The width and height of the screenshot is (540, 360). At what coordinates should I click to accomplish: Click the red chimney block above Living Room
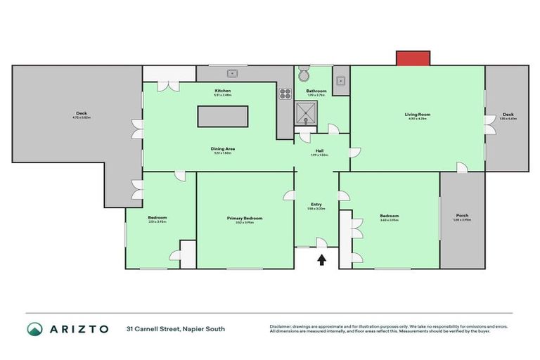(x=413, y=58)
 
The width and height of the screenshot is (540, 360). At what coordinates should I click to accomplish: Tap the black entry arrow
(x=322, y=260)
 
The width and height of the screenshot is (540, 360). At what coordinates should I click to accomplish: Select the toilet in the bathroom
(x=304, y=75)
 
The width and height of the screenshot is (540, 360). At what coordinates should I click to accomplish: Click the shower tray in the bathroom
(x=307, y=112)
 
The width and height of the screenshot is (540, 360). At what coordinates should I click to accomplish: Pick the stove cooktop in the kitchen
(x=285, y=93)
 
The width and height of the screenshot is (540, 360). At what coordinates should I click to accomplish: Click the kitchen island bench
(x=223, y=116)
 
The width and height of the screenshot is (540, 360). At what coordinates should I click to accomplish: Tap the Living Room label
(x=417, y=114)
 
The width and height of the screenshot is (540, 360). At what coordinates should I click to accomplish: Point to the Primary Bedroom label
(x=244, y=218)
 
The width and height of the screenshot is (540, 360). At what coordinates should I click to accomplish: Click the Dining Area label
(x=222, y=148)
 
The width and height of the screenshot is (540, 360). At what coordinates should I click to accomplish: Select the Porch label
(x=462, y=215)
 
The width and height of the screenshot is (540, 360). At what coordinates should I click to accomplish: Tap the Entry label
(x=316, y=204)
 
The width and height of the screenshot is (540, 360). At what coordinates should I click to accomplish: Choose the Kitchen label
(x=222, y=91)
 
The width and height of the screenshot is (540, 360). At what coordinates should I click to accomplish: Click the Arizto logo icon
(x=34, y=328)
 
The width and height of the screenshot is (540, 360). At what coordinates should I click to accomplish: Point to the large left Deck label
(x=82, y=113)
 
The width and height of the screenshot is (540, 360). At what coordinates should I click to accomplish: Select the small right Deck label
(x=508, y=114)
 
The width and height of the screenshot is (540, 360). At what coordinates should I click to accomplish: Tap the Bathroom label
(x=316, y=91)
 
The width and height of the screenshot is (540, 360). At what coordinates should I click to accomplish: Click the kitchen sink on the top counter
(x=232, y=72)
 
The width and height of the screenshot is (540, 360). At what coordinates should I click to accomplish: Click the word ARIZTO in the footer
(x=79, y=328)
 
